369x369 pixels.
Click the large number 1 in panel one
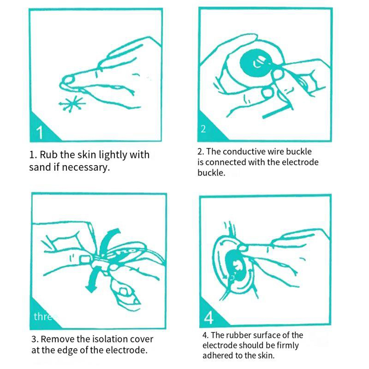pos(40,132)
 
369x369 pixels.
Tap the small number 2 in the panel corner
pos(203,129)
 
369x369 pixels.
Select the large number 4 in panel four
pos(208,318)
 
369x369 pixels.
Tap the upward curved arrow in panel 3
pos(108,241)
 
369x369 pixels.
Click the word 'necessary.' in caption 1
pos(86,168)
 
